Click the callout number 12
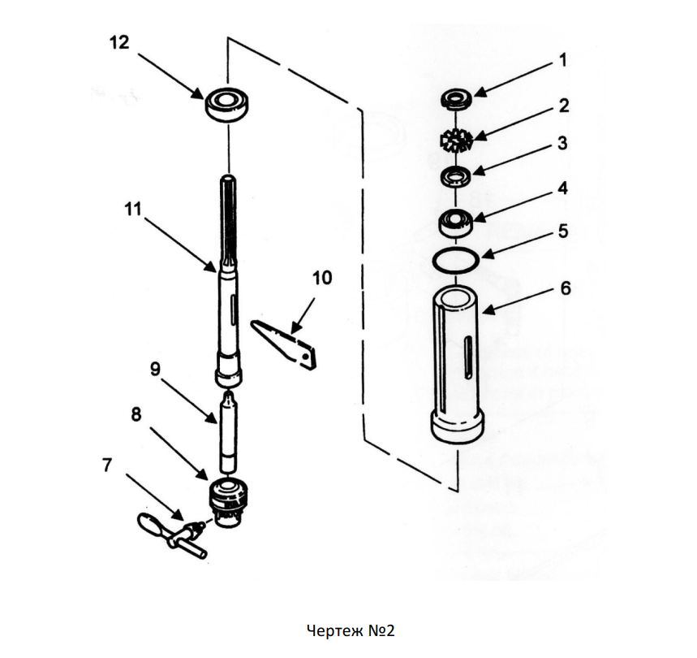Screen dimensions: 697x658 tap(119, 43)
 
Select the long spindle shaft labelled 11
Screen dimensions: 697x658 tap(229, 280)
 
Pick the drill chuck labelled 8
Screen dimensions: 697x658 tap(227, 503)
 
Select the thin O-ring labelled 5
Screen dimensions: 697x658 tap(456, 259)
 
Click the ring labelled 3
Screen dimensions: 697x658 tap(455, 176)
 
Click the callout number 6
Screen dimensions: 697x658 tap(566, 288)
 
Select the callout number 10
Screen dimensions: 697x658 tap(322, 278)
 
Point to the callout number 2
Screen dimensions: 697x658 tap(564, 106)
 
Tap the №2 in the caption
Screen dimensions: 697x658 tap(381, 631)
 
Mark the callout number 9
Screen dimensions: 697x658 tap(155, 370)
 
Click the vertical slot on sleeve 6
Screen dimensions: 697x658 tap(467, 358)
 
